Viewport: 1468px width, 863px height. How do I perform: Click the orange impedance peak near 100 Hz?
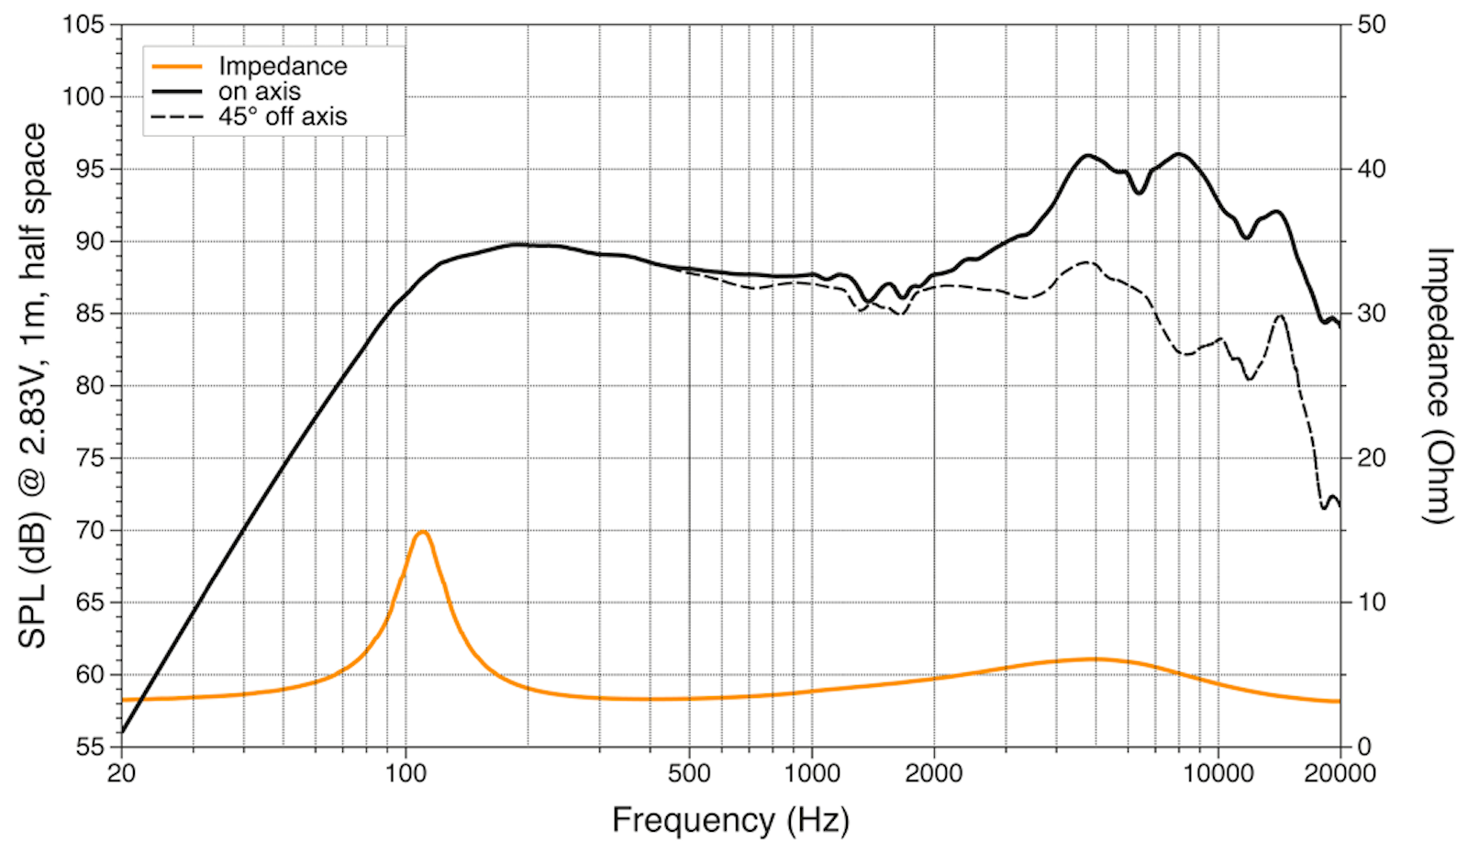(x=422, y=532)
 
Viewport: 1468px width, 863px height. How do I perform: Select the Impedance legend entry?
(x=283, y=66)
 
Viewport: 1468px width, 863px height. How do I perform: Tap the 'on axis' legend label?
(x=260, y=92)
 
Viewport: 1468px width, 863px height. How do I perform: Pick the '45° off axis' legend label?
(x=283, y=117)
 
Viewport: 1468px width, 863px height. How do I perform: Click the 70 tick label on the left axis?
(x=89, y=530)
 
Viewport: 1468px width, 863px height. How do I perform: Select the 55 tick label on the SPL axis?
(x=89, y=747)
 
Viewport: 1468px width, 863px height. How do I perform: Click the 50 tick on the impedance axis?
(x=1371, y=25)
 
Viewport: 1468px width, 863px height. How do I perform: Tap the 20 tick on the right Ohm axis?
(x=1371, y=458)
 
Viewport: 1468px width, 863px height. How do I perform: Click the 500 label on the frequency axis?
(x=688, y=773)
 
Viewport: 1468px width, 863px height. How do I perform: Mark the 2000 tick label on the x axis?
(x=933, y=773)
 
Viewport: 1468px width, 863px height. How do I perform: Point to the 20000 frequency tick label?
(x=1340, y=773)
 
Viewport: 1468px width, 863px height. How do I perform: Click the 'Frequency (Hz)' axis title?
(x=730, y=819)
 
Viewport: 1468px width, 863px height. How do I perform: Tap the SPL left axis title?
(x=32, y=385)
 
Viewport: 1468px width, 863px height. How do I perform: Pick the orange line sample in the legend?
(x=177, y=66)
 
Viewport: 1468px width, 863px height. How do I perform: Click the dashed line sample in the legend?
(x=177, y=117)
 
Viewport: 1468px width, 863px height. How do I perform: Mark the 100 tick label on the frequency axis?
(x=405, y=773)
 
